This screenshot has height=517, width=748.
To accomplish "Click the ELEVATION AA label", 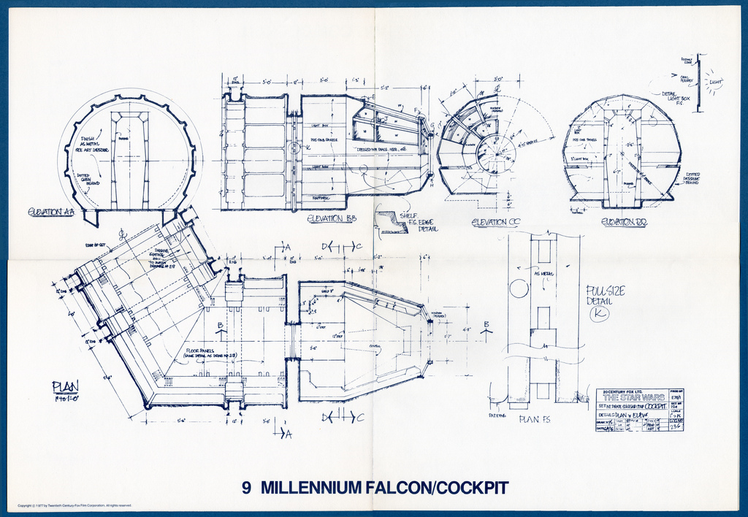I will coord(51,212).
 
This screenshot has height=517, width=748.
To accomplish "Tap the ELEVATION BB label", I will coord(331,218).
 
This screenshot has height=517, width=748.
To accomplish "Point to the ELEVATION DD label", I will coord(624,222).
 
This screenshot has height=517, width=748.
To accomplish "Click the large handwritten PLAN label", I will coord(65,386).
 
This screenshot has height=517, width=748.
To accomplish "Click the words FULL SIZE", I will coord(606,291).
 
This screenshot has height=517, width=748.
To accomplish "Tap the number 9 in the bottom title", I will coord(247,487).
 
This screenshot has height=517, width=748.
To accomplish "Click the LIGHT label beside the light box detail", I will coord(714,82).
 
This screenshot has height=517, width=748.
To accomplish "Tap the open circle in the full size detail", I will coord(519,288).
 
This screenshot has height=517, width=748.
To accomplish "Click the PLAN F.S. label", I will coord(535,419).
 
